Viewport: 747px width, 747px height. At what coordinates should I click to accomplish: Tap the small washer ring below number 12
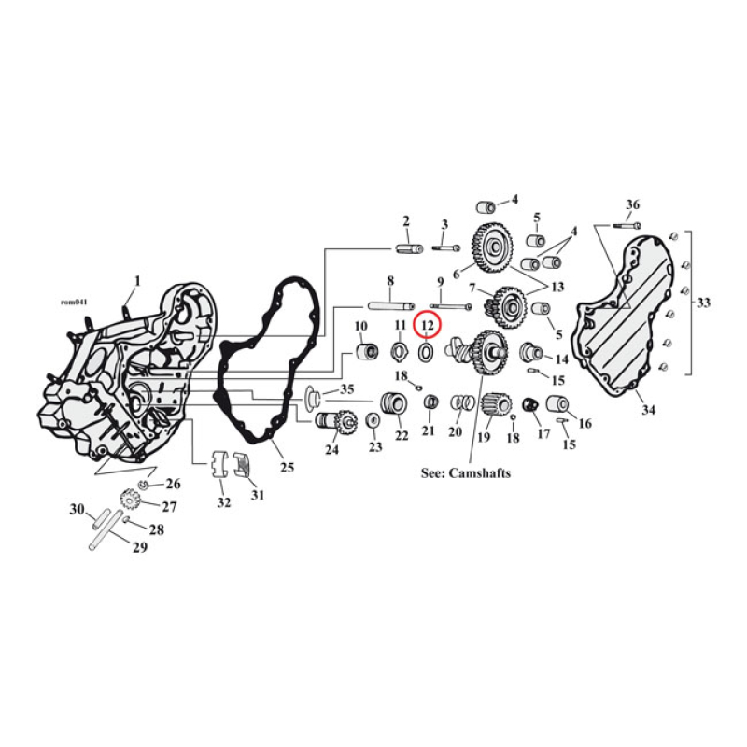tap(426, 352)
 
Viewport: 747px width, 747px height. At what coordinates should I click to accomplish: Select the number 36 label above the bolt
tap(632, 205)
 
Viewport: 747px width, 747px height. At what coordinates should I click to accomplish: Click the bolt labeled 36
tap(627, 224)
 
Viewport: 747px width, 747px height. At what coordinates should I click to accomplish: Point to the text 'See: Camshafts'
tap(466, 473)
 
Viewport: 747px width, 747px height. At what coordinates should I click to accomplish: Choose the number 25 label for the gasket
tap(287, 466)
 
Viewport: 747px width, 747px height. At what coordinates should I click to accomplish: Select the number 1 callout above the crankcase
tap(137, 280)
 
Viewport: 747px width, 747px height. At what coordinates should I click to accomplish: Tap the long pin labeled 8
tap(389, 304)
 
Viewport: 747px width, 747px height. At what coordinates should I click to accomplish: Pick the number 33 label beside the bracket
tap(702, 303)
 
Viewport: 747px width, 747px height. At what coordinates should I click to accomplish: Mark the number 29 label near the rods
tap(139, 547)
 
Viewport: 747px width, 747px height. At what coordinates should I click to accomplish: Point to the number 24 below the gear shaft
tap(331, 448)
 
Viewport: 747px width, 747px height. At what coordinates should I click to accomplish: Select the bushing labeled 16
tap(559, 404)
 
